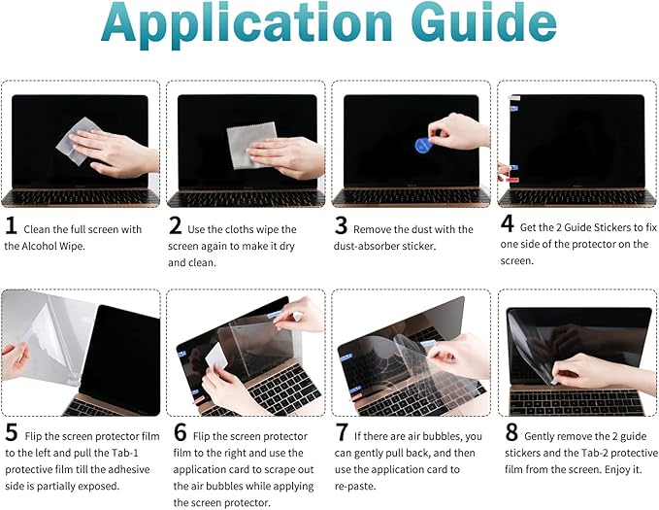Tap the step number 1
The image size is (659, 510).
(11, 228)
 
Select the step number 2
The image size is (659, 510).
(176, 228)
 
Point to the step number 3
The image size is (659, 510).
(341, 228)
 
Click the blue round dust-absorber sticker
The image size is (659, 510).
(423, 146)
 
